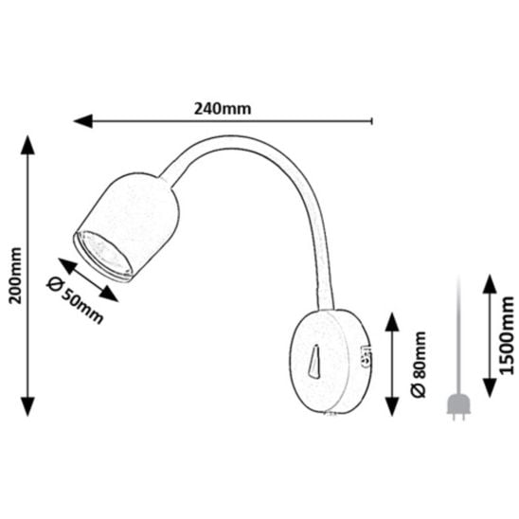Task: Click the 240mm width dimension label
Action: click(223, 109)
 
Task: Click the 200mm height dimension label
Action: click(15, 276)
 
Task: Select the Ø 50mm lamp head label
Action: click(76, 300)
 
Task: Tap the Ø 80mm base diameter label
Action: click(419, 364)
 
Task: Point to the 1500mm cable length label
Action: click(507, 335)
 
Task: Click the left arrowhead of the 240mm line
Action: click(82, 121)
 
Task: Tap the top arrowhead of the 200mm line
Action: click(27, 145)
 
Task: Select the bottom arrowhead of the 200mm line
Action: click(27, 406)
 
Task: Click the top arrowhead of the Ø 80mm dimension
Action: click(392, 322)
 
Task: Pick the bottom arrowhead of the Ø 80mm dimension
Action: click(392, 406)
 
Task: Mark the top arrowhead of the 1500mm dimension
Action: click(490, 284)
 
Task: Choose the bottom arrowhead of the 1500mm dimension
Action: click(490, 388)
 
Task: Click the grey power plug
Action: click(459, 407)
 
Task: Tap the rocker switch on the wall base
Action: click(314, 361)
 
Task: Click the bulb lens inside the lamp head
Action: click(105, 254)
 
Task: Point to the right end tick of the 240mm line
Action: click(372, 121)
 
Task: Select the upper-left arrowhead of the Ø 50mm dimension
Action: click(67, 266)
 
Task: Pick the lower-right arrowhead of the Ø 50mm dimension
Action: click(109, 294)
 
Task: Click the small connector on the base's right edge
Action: click(366, 357)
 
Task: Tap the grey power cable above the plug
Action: click(459, 335)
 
